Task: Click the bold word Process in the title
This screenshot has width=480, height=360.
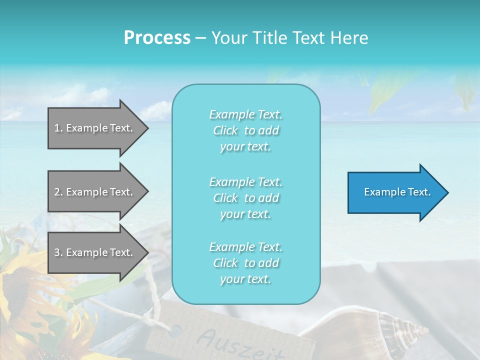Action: [x=157, y=38]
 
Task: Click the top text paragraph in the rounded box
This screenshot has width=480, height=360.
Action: [x=245, y=130]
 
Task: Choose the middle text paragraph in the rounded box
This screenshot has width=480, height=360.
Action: [x=245, y=198]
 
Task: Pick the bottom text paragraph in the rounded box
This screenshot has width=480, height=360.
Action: [x=245, y=263]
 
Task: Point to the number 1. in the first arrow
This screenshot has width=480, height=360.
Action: [x=58, y=128]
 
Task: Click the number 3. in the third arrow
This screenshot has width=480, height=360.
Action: [x=58, y=252]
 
